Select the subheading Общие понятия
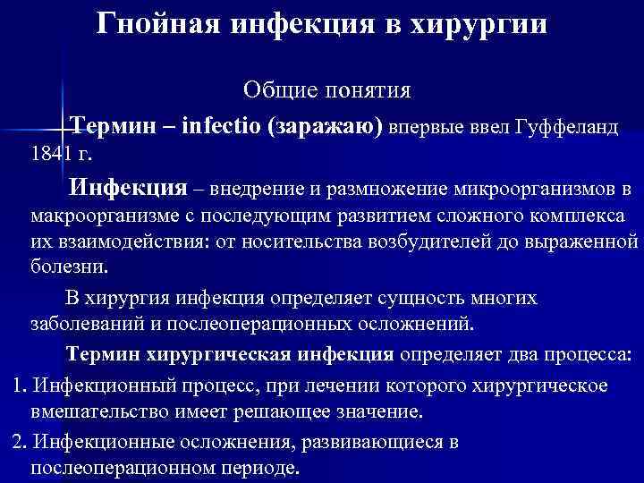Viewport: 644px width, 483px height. [327, 91]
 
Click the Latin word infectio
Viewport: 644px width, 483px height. [219, 126]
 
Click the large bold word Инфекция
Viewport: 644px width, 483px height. [129, 189]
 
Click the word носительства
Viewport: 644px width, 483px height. [305, 241]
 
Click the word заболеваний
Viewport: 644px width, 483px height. [85, 324]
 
